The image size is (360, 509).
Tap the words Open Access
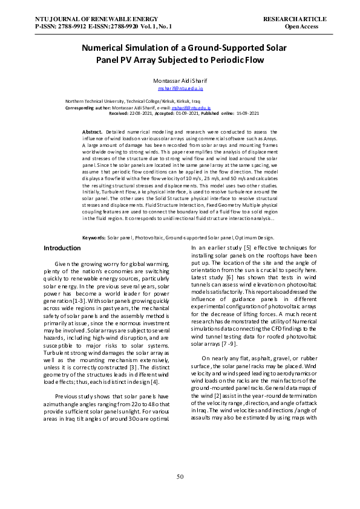point(301,27)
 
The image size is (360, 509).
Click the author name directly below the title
point(179,80)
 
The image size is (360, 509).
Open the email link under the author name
point(180,88)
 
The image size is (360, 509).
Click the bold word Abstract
point(92,131)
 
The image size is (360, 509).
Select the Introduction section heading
point(62,248)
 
